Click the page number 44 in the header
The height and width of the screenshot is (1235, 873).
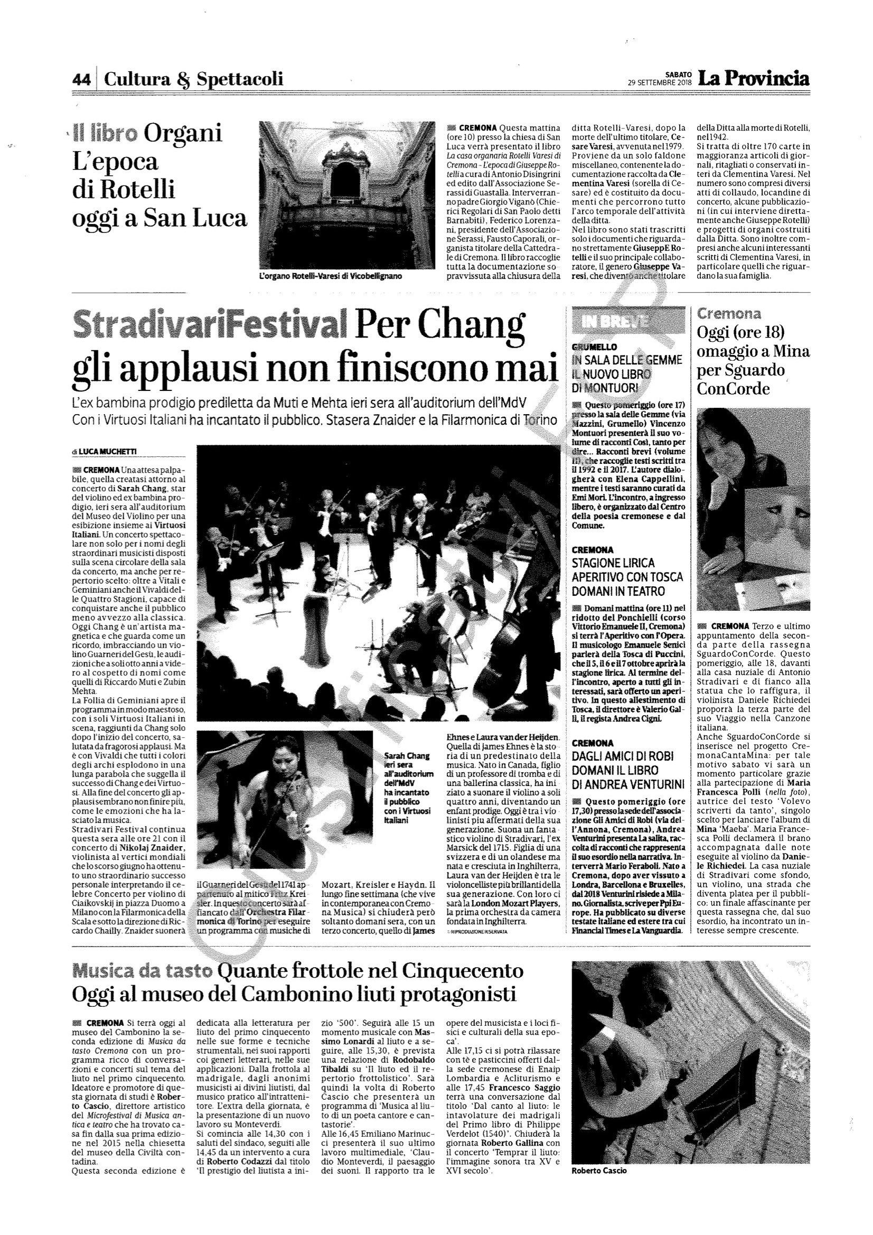click(81, 80)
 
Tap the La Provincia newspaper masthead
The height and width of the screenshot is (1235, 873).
click(753, 79)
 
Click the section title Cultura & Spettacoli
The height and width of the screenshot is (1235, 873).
click(193, 80)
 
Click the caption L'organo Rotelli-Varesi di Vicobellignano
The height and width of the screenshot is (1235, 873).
click(330, 276)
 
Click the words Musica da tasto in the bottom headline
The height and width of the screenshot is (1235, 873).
click(142, 972)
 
